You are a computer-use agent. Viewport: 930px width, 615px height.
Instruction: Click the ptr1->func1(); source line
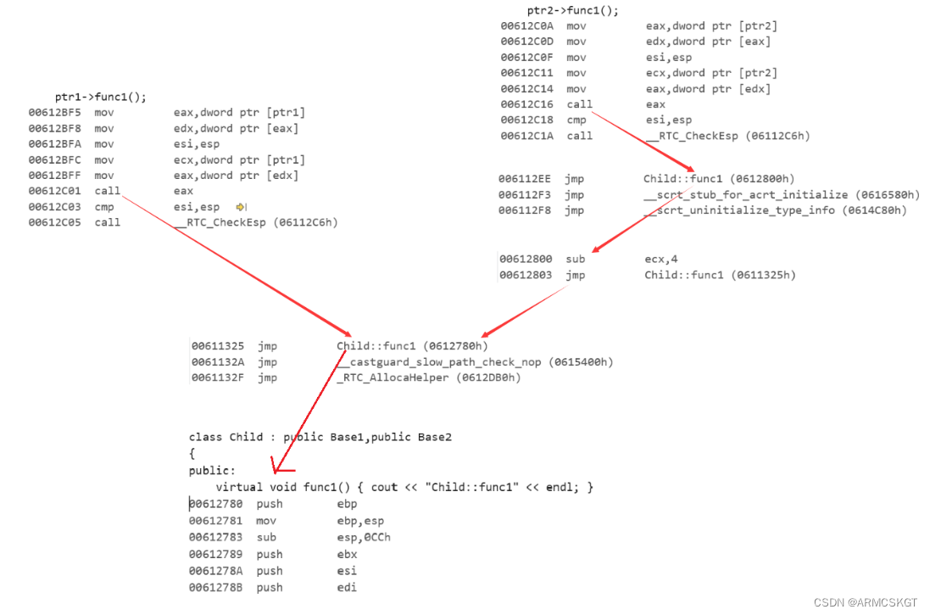click(x=101, y=98)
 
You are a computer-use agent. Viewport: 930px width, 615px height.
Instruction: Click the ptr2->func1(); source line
click(x=573, y=11)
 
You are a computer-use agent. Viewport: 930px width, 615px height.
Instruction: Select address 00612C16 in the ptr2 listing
click(x=526, y=104)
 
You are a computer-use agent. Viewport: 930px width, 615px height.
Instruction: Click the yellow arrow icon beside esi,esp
click(x=241, y=207)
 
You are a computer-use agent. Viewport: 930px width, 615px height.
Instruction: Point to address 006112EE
click(x=525, y=179)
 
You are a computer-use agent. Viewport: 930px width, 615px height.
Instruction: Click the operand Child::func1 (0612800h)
click(x=719, y=179)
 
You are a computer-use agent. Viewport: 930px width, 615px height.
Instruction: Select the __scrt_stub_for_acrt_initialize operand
click(x=781, y=195)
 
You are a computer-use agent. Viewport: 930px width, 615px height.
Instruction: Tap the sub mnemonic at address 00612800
click(x=576, y=259)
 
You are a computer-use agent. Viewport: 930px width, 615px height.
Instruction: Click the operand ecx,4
click(x=663, y=259)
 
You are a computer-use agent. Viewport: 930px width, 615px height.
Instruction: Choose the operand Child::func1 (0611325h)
click(x=719, y=275)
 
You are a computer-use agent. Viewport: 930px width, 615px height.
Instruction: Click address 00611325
click(x=218, y=346)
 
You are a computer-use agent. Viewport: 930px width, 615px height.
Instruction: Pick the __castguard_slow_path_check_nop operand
click(x=474, y=362)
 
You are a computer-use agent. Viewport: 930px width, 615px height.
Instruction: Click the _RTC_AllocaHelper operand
click(x=428, y=377)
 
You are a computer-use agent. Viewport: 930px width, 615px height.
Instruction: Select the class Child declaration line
click(x=320, y=437)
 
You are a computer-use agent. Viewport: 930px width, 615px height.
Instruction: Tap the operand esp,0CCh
click(x=364, y=537)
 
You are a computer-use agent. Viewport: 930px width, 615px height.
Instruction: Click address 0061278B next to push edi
click(x=215, y=587)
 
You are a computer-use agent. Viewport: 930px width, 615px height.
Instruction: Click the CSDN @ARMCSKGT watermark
click(x=866, y=602)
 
